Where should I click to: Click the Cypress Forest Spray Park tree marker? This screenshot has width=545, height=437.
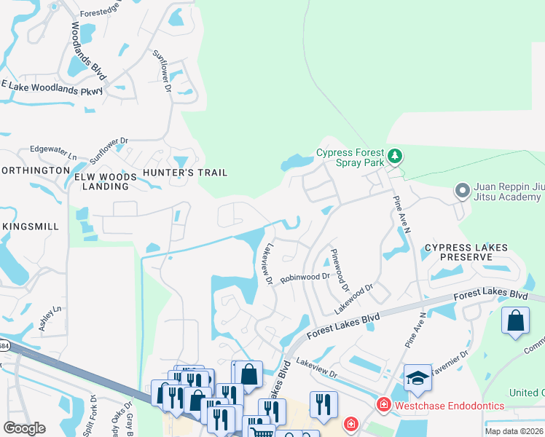pos(394,156)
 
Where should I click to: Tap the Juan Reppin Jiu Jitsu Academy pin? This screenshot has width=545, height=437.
pos(461,191)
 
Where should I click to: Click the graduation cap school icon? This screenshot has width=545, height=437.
pos(417,379)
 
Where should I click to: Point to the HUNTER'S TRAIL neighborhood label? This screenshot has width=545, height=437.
pos(185,173)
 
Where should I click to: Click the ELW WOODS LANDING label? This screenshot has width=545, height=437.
pos(105,181)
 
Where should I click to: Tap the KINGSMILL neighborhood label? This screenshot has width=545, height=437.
pos(31,227)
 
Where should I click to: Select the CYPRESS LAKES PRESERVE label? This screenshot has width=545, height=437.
pos(466,253)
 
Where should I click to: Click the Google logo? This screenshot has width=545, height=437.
pos(24,428)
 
